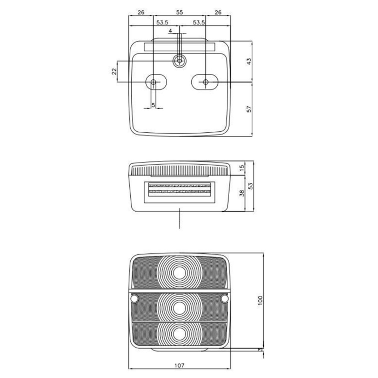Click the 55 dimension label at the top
[179, 12]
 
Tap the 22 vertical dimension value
[114, 71]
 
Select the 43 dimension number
[249, 61]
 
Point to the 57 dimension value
[249, 109]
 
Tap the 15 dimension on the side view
[242, 167]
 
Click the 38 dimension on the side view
[242, 193]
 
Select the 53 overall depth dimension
[250, 186]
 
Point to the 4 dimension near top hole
[170, 31]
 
